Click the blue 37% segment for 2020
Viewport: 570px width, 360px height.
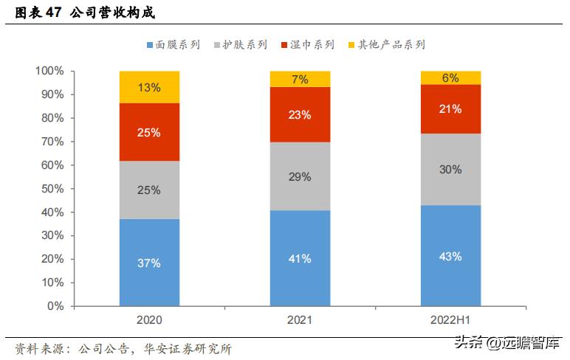point(149,263)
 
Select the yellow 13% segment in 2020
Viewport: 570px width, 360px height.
point(149,87)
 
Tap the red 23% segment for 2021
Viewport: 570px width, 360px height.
point(300,114)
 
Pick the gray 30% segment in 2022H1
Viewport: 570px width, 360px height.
point(450,169)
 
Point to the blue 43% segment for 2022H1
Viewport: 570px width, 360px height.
point(450,256)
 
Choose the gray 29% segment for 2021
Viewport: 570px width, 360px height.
point(300,177)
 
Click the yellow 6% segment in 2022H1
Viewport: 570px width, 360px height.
point(450,77)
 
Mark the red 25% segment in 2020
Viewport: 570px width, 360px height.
point(149,132)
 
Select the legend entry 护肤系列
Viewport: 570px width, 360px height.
point(241,45)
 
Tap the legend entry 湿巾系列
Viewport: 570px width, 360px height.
point(308,45)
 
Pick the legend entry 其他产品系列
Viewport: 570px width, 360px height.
point(385,45)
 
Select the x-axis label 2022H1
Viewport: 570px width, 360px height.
point(450,321)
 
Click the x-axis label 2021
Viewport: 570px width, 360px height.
point(300,321)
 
